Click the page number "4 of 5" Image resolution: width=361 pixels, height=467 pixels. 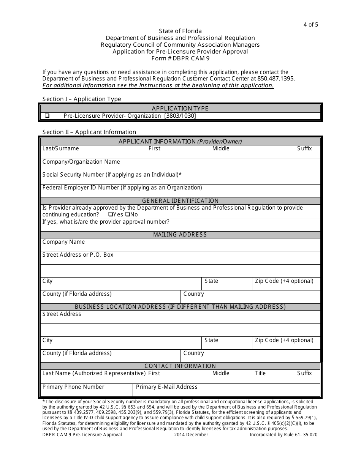(310, 25)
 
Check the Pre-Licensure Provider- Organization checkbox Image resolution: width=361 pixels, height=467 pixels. (47, 116)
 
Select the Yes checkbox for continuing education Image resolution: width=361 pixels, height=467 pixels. (110, 215)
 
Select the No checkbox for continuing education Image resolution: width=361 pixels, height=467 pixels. (127, 215)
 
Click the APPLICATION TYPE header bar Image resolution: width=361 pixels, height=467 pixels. (180, 109)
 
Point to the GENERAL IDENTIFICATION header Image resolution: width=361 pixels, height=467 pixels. (180, 201)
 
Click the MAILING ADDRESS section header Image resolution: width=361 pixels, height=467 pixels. (180, 235)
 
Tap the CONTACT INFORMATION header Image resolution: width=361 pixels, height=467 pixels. (180, 366)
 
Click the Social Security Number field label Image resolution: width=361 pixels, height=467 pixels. (112, 175)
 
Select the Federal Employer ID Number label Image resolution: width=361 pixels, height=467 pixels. (122, 188)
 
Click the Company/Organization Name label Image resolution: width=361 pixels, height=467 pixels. (81, 162)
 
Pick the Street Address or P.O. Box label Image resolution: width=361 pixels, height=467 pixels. (78, 255)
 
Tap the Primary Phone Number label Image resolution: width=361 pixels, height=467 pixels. (73, 387)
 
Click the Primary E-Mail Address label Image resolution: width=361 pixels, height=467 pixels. (166, 387)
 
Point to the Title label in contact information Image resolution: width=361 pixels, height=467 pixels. (260, 373)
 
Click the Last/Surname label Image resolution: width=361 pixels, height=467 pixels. (60, 148)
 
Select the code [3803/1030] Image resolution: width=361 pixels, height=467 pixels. (180, 116)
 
